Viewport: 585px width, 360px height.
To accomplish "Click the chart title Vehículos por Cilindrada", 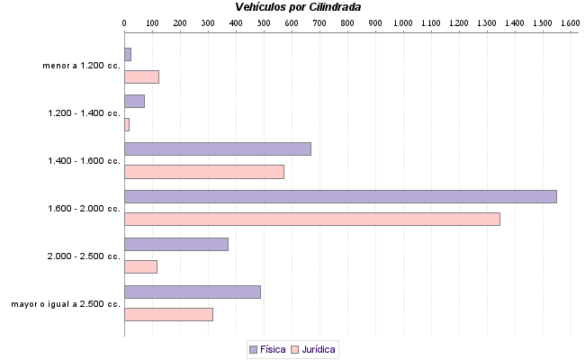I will coord(298,7).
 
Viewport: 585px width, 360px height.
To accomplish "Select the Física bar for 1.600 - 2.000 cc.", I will coord(340,196).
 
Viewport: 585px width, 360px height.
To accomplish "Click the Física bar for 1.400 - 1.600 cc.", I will coord(217,148).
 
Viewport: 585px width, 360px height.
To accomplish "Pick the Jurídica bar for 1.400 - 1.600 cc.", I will coord(203,172).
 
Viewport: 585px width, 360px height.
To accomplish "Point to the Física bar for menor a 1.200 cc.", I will coord(128,54).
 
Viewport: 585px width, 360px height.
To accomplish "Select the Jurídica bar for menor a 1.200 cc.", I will coord(141,76).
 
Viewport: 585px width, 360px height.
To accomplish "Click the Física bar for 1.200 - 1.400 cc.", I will coord(134,101).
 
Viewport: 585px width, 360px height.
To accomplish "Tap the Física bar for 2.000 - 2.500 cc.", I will coord(175,244).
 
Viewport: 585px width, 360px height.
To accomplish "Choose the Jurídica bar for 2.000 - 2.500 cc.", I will coord(140,266).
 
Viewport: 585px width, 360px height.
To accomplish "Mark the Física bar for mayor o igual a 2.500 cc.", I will coord(192,292).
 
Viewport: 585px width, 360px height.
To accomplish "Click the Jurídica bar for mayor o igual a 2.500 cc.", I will coord(168,314).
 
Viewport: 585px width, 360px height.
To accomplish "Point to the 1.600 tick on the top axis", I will coord(571,22).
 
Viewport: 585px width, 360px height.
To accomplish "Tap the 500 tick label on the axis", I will coord(264,22).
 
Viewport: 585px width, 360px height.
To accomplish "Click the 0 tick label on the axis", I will coord(124,22).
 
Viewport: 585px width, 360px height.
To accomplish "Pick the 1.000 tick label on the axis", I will coord(403,22).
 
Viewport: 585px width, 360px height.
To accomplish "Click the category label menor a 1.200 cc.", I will coord(81,66).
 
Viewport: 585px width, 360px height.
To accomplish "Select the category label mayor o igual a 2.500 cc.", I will coord(66,304).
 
